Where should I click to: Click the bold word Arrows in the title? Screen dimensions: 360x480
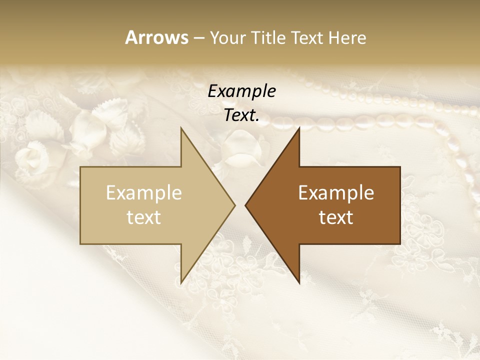156,37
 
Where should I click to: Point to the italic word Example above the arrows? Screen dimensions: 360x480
241,91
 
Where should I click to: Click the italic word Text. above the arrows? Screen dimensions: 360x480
241,115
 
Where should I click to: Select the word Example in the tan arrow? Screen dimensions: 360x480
144,193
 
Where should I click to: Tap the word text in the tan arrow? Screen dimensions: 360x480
144,217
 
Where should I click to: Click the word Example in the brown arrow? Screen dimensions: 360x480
336,193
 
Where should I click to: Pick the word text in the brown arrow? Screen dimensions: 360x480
336,217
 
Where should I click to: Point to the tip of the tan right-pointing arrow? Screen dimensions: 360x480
234,205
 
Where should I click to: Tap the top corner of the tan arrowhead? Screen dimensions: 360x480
181,128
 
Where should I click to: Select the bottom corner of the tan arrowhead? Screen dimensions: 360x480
181,283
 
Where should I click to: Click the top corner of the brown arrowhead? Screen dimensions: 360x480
299,128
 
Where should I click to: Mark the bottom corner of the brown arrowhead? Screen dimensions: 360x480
299,283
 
